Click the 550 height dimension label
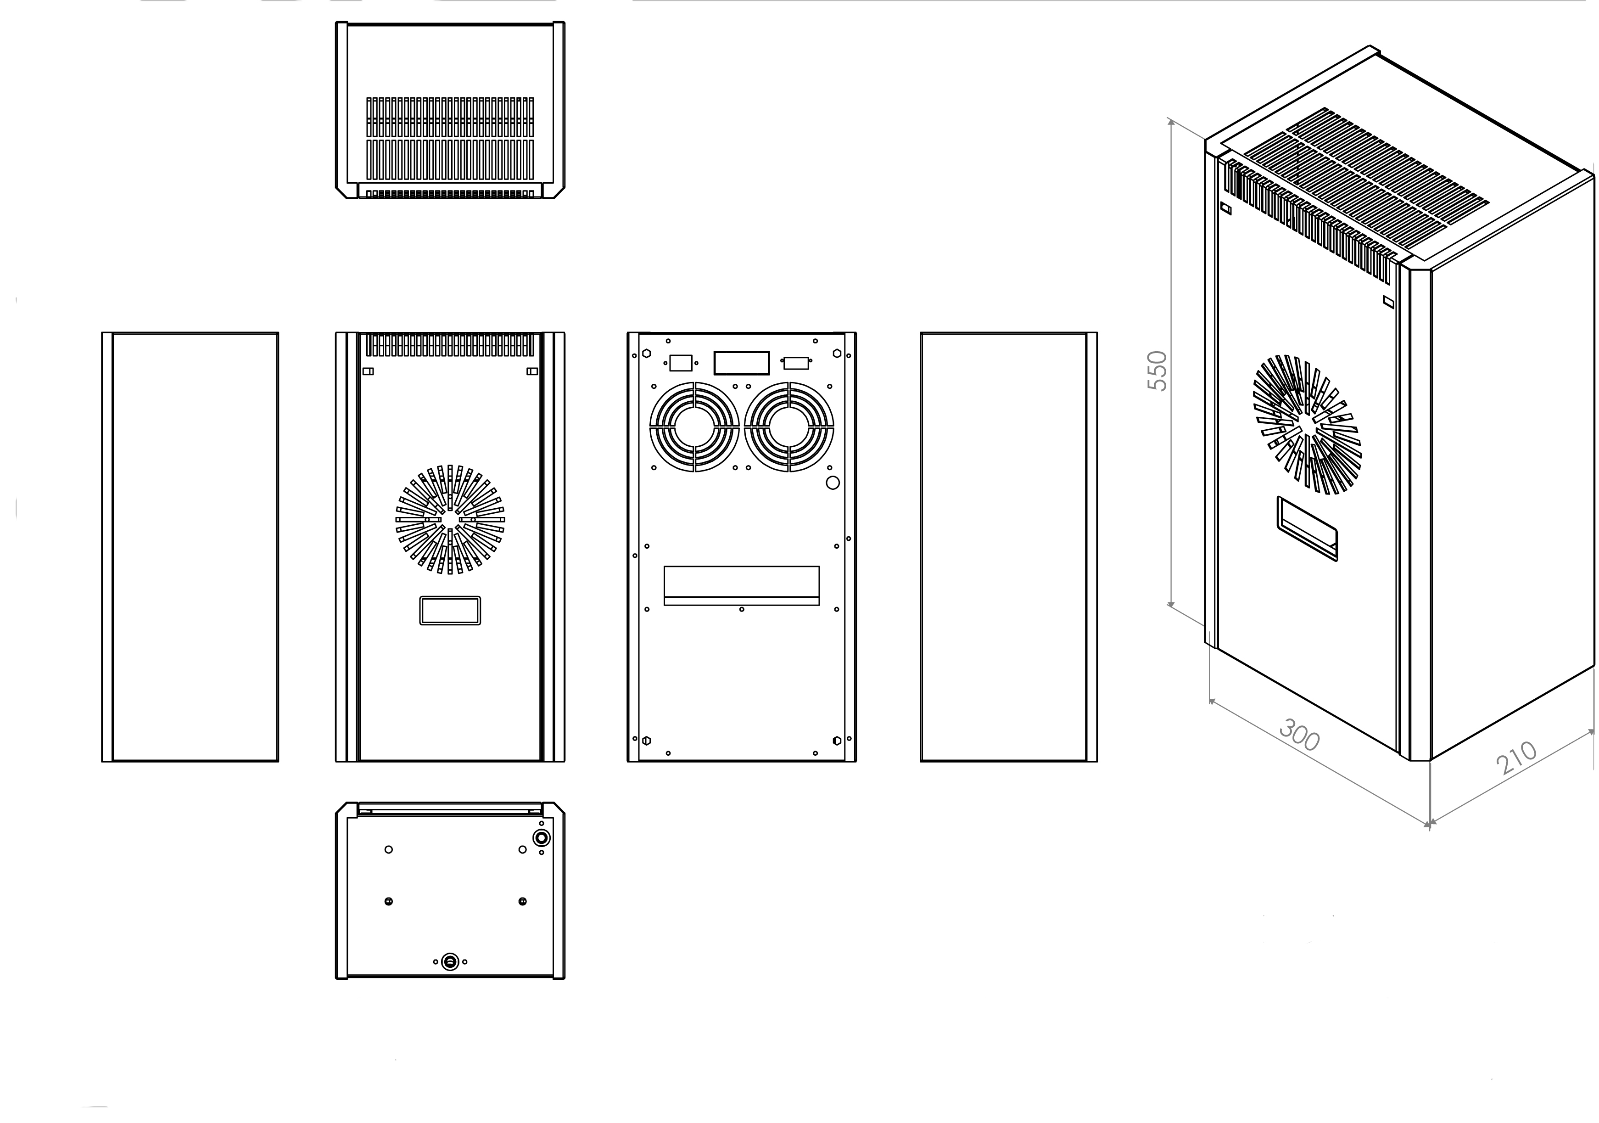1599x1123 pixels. (x=1157, y=371)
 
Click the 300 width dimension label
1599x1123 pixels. (x=1300, y=736)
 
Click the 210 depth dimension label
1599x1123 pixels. (x=1516, y=758)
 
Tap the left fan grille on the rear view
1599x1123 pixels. (x=694, y=427)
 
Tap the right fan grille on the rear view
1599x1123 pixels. (x=789, y=427)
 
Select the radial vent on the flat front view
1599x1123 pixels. (x=450, y=520)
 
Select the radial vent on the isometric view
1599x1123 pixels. (x=1307, y=425)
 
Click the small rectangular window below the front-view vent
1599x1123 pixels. (x=450, y=611)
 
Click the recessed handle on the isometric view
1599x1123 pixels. (x=1307, y=529)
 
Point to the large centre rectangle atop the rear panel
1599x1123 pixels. (x=742, y=363)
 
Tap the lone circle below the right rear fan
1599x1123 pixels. (x=832, y=483)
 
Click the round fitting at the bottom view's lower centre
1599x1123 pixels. (x=450, y=962)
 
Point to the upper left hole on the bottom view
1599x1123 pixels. (x=389, y=849)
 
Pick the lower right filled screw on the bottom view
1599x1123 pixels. (x=522, y=901)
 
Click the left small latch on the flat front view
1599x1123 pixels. (x=369, y=371)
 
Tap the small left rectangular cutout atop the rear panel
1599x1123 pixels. (x=681, y=363)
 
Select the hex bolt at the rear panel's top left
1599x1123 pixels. (x=646, y=353)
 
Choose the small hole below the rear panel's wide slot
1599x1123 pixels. (x=742, y=610)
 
